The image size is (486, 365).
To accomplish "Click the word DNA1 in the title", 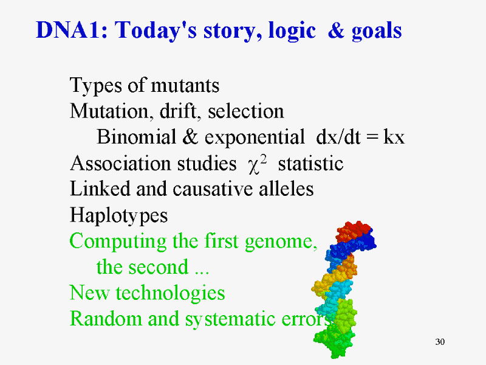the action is (x=72, y=30).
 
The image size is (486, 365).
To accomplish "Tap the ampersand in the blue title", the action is (x=337, y=30).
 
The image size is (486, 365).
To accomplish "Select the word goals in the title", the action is (x=377, y=32).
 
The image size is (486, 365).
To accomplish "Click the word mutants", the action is (x=185, y=85).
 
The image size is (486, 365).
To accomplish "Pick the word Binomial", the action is (x=136, y=136).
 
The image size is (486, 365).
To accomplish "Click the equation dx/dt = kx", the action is (x=360, y=136).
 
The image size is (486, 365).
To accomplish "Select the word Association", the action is (x=120, y=163).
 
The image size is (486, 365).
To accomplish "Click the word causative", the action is (x=212, y=189).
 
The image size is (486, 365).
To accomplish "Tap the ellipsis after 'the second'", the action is (x=202, y=273).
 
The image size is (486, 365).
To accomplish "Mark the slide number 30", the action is (x=440, y=342).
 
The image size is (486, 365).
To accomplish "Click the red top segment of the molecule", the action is (x=354, y=231).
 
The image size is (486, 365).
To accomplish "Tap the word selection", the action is (x=246, y=111).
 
